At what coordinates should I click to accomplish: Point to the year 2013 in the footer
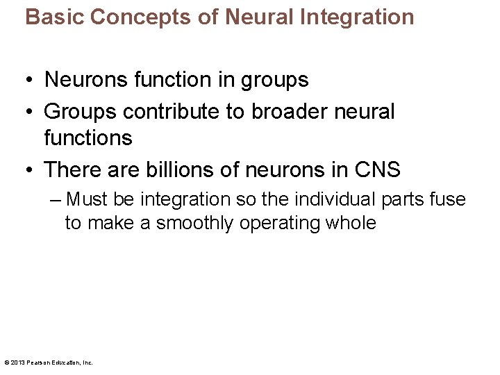point(17,362)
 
